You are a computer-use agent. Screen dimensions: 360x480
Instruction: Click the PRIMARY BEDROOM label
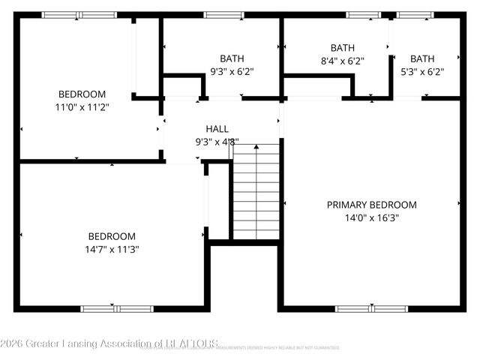click(x=371, y=205)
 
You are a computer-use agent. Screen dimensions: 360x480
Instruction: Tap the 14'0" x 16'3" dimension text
click(x=371, y=218)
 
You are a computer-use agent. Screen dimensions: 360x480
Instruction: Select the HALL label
click(x=217, y=129)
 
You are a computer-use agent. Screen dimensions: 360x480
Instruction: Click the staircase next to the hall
click(x=256, y=190)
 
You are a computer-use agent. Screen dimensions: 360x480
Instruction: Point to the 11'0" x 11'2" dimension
click(x=82, y=107)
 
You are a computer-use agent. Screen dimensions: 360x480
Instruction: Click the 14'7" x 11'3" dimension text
click(x=112, y=249)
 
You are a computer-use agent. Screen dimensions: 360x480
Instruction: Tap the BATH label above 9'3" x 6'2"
click(x=232, y=58)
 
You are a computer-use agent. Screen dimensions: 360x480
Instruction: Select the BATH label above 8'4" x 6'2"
click(x=342, y=48)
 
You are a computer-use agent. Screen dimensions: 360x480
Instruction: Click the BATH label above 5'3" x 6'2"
click(x=421, y=58)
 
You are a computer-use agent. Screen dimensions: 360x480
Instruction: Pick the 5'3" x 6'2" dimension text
click(x=421, y=72)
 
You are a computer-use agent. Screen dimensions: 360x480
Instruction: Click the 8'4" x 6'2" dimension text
click(x=342, y=61)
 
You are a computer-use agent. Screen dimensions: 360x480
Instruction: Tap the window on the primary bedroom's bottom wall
click(x=371, y=308)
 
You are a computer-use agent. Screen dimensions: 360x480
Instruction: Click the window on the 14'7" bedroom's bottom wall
click(x=117, y=308)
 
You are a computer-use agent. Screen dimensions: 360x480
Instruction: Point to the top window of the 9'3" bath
click(x=218, y=14)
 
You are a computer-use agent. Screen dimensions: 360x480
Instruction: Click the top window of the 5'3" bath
click(x=415, y=14)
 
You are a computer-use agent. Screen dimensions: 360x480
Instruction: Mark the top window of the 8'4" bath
click(x=363, y=14)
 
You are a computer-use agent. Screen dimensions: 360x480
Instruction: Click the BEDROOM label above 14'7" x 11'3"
click(x=112, y=235)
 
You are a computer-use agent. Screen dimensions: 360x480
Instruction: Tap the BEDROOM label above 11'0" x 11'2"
click(x=82, y=94)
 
